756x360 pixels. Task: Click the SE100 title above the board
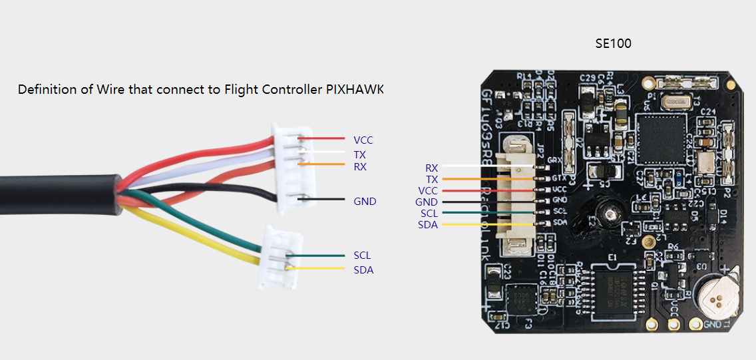coord(613,44)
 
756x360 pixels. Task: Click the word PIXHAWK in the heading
coord(355,89)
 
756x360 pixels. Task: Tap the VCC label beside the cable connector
coord(363,140)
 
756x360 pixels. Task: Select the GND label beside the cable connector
coord(365,201)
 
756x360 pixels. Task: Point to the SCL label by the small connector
coord(363,256)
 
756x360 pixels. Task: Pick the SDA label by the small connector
coord(363,270)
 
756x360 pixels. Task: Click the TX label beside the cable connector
coord(359,154)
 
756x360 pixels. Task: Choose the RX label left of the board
coord(431,168)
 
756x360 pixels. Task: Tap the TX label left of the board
coord(431,180)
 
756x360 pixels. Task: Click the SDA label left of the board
coord(427,225)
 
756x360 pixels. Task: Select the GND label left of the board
coord(426,202)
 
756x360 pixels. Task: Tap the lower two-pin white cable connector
coord(276,257)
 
